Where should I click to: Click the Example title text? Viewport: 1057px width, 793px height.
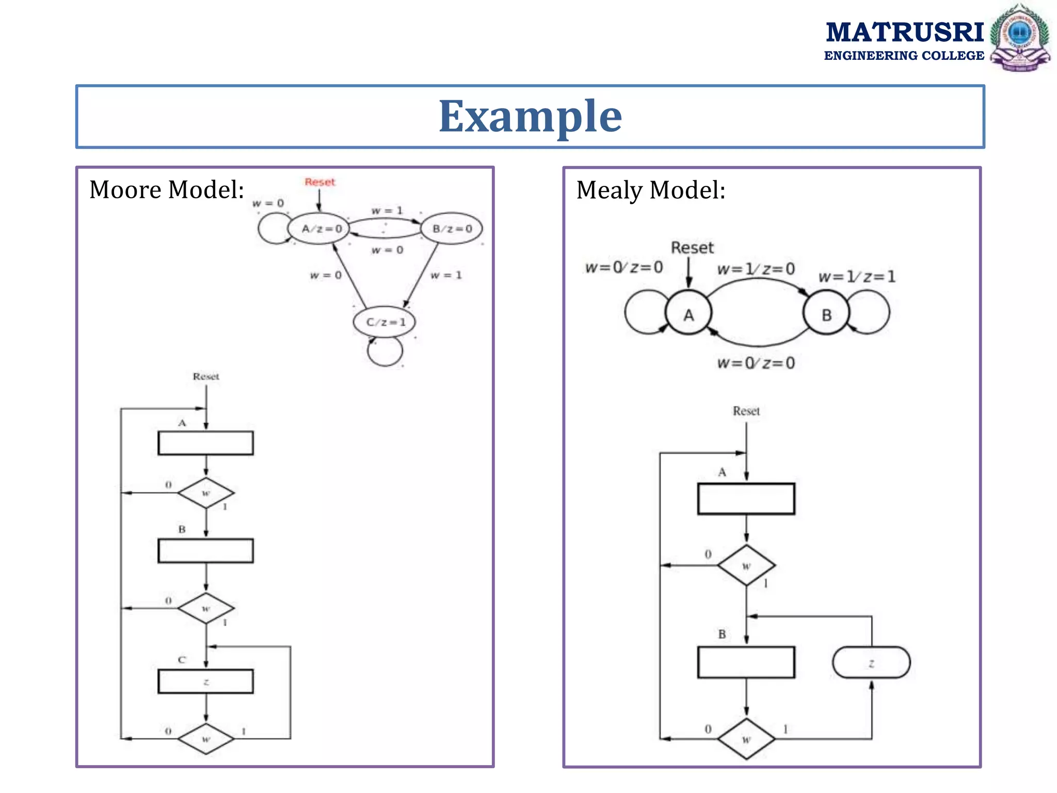coord(530,117)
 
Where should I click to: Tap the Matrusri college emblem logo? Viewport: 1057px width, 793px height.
coord(1019,37)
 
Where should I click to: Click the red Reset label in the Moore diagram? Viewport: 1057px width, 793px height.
coord(319,182)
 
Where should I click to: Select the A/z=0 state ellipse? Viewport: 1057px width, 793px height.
coord(319,228)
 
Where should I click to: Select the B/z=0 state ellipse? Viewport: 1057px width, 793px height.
coord(452,228)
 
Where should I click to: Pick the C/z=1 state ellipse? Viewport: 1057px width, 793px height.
coord(385,322)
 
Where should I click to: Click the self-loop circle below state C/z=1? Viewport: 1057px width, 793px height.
coord(385,352)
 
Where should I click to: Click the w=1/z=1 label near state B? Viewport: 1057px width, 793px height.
coord(857,277)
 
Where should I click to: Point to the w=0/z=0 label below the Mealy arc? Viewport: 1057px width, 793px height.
coord(756,363)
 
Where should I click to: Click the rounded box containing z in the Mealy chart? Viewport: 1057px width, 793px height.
coord(871,662)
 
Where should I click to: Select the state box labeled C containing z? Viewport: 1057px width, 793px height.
coord(205,681)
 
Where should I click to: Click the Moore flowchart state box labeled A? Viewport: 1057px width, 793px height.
coord(205,443)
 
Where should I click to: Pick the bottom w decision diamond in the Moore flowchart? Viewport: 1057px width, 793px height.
coord(205,739)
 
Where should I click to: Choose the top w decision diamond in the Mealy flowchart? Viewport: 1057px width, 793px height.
coord(746,565)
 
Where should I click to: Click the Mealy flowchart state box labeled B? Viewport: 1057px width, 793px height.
coord(746,662)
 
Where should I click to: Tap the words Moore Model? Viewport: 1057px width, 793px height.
coord(167,189)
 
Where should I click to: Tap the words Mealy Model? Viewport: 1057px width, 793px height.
coord(651,190)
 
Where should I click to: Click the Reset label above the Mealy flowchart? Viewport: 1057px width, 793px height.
coord(746,411)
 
